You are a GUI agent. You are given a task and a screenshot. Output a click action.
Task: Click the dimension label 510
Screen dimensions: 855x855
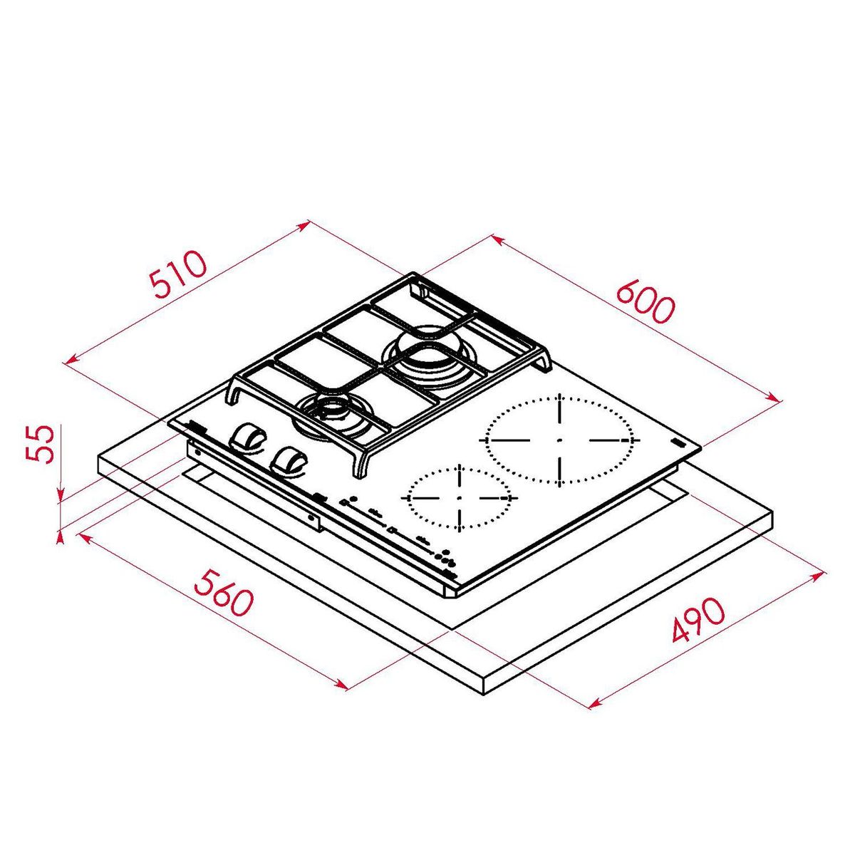click(x=179, y=275)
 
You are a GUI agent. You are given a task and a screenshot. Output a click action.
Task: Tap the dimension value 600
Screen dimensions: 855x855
click(x=645, y=302)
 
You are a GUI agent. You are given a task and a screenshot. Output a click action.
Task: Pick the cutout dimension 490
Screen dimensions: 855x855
click(x=698, y=621)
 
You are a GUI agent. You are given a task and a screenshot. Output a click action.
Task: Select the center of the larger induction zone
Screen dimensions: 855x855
click(x=560, y=440)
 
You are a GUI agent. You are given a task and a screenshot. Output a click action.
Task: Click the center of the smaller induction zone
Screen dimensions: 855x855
click(x=460, y=497)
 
